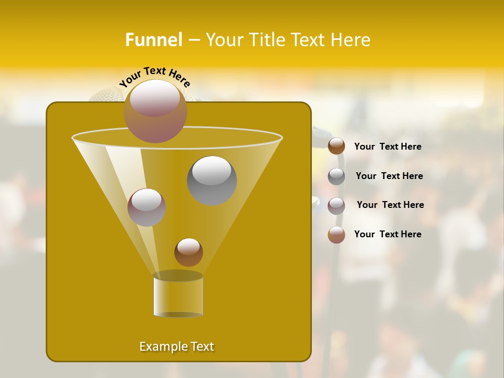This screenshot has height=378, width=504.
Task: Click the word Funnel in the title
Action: [x=153, y=40]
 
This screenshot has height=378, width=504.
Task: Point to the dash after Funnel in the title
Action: [x=193, y=40]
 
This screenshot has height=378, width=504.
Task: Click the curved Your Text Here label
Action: [x=154, y=76]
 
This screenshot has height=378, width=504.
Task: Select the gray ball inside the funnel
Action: [x=212, y=180]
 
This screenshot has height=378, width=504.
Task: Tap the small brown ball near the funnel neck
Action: [x=188, y=252]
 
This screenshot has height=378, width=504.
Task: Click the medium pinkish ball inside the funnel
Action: [x=146, y=207]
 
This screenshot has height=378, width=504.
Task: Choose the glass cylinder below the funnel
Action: [x=178, y=296]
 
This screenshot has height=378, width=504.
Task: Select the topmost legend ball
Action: [x=337, y=146]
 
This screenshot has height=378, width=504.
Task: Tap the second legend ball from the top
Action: [x=337, y=176]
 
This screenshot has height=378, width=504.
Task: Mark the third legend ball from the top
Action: [x=337, y=206]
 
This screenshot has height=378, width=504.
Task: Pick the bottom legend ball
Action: [x=337, y=235]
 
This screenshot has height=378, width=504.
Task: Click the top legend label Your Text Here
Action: [x=387, y=147]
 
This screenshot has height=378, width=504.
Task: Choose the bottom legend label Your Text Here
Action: [x=387, y=234]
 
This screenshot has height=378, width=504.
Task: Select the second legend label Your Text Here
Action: [x=389, y=176]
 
